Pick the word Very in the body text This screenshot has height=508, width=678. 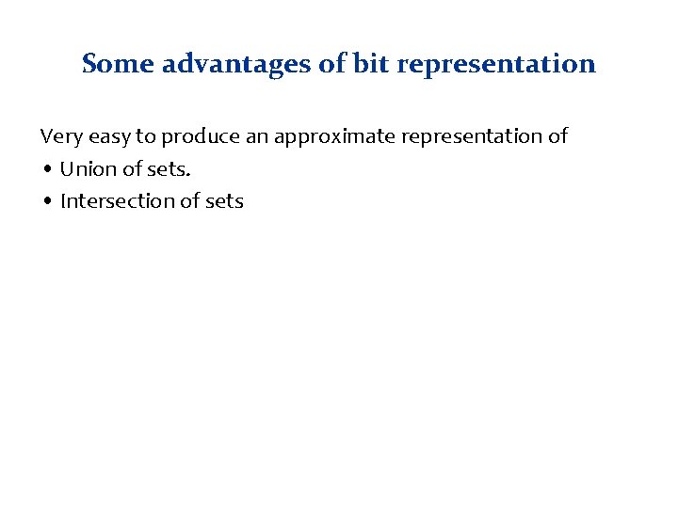coord(60,136)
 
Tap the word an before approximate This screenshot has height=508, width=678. coord(256,137)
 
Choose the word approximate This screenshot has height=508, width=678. coord(333,137)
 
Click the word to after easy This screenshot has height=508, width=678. coord(146,137)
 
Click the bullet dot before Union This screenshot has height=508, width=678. coord(47,170)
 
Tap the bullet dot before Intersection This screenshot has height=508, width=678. coord(47,202)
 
